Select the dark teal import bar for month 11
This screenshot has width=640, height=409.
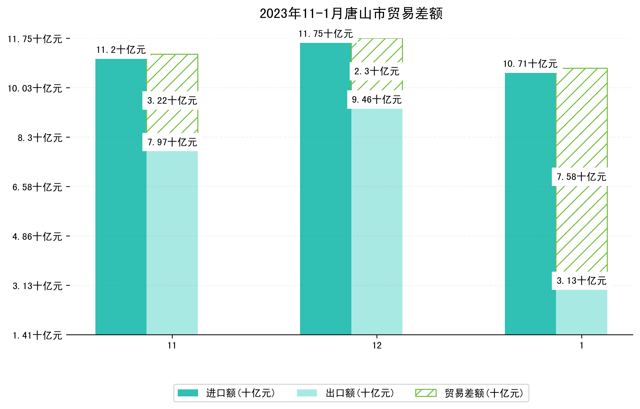(x=121, y=197)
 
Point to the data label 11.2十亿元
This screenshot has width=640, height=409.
(x=121, y=50)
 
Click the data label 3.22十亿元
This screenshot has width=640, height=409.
(x=172, y=101)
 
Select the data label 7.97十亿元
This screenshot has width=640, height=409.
(x=172, y=142)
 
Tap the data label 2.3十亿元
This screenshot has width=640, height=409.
(x=377, y=71)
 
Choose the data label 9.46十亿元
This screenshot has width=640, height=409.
(x=377, y=100)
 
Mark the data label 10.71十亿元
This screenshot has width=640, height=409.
(x=530, y=64)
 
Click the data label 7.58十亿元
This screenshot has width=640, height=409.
(x=582, y=177)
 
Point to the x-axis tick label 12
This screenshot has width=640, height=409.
(x=377, y=346)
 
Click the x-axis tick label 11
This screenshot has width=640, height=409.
(x=172, y=346)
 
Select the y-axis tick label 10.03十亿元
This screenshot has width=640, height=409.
(x=35, y=88)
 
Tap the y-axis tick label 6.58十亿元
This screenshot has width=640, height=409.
(x=37, y=187)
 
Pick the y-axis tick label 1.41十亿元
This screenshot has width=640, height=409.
(x=37, y=335)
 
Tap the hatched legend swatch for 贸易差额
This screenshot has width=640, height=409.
(x=426, y=393)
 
